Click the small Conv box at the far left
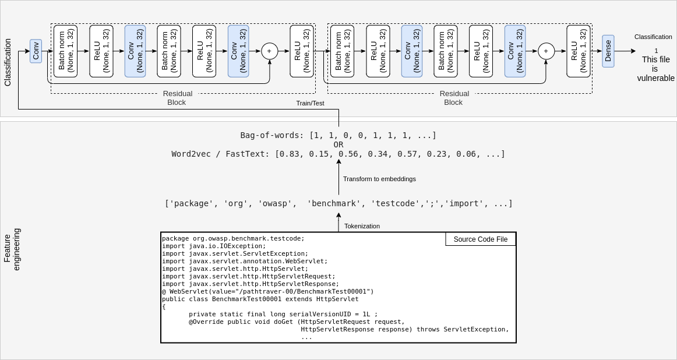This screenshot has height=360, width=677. pyautogui.click(x=36, y=51)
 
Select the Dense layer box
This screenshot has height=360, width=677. pyautogui.click(x=608, y=51)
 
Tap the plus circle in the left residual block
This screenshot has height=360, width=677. pyautogui.click(x=269, y=51)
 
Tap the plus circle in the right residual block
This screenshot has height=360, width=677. pyautogui.click(x=546, y=51)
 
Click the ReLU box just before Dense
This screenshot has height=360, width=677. pyautogui.click(x=578, y=51)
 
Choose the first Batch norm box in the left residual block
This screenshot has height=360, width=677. pyautogui.click(x=65, y=51)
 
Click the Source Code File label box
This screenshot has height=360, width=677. pyautogui.click(x=480, y=239)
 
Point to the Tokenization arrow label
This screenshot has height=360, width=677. pyautogui.click(x=362, y=226)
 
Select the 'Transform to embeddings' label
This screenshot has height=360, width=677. pyautogui.click(x=379, y=179)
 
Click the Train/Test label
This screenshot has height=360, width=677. pyautogui.click(x=310, y=103)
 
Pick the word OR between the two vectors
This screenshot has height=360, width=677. pyautogui.click(x=338, y=144)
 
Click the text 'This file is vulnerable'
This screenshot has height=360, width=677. pyautogui.click(x=655, y=69)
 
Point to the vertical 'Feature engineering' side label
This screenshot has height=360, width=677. pyautogui.click(x=12, y=249)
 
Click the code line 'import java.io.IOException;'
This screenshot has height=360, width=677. pyautogui.click(x=214, y=246)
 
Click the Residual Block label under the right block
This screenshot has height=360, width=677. pyautogui.click(x=454, y=98)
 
